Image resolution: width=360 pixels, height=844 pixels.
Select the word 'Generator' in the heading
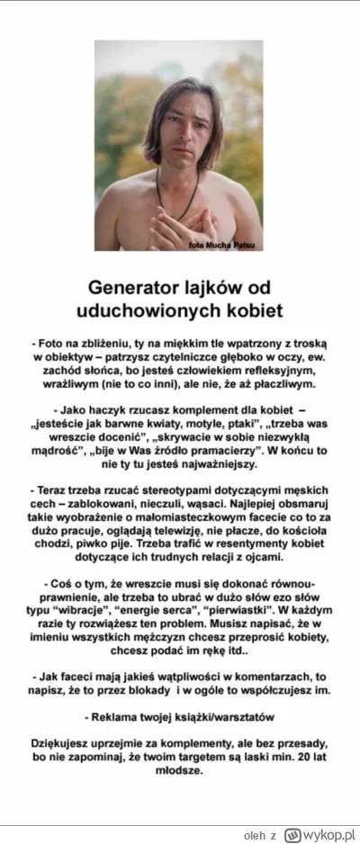(x=132, y=288)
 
